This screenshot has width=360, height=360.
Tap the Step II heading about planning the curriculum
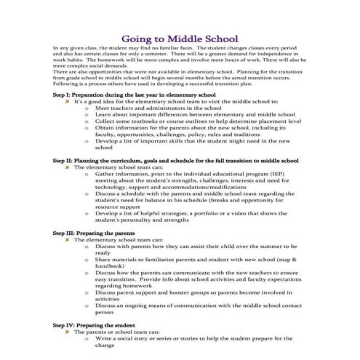(x=175, y=159)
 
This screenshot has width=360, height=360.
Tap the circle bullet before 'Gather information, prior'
(x=87, y=174)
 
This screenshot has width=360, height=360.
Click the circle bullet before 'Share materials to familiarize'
(x=87, y=259)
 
